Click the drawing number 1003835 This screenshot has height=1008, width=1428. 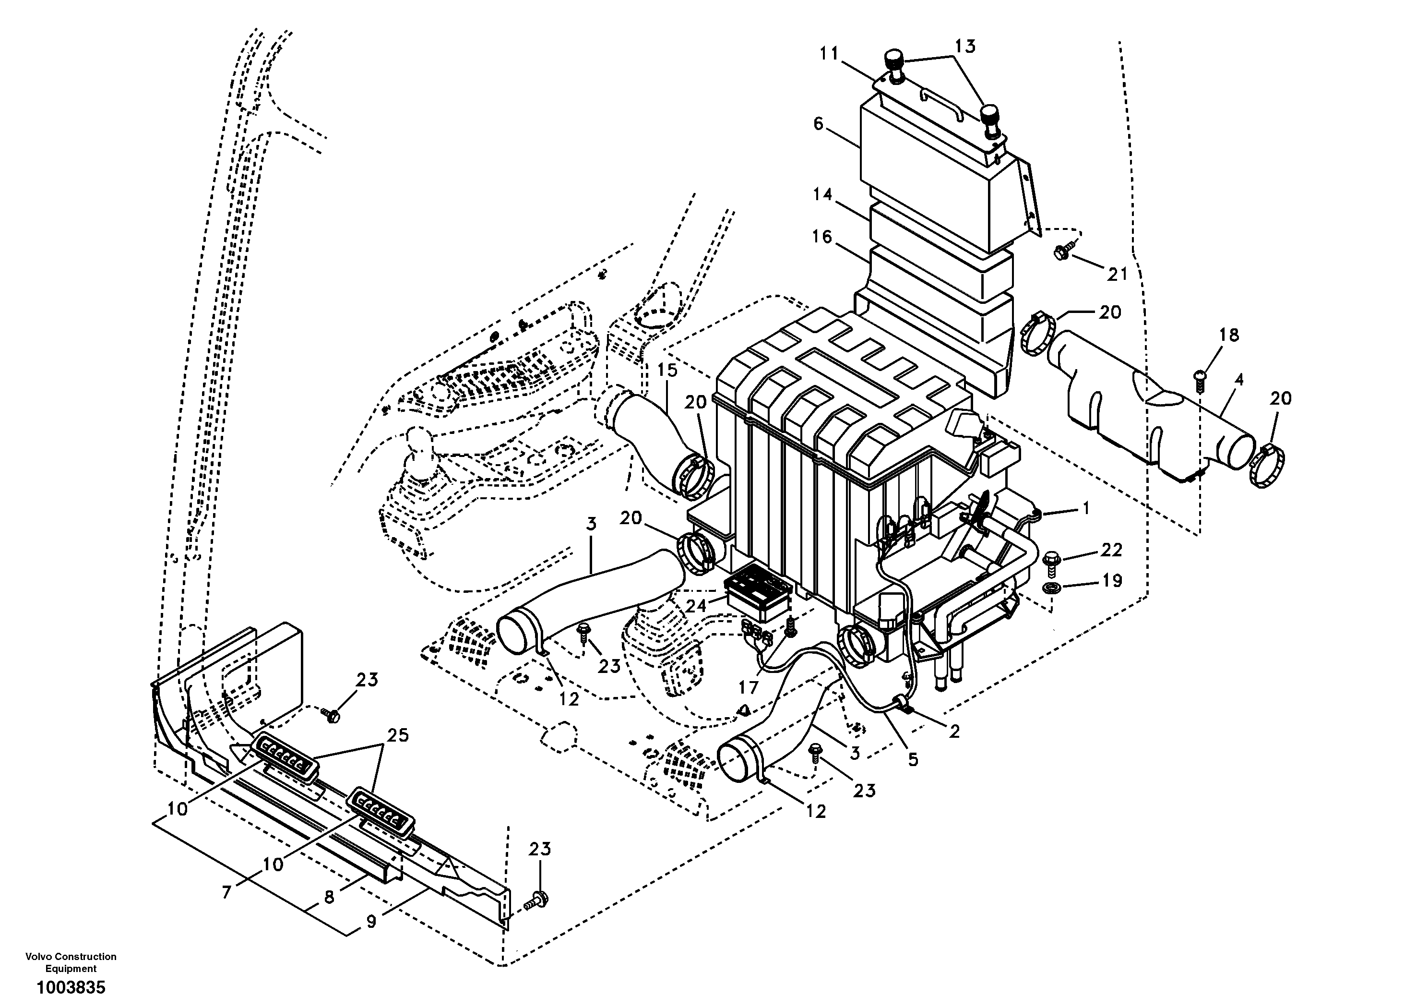[x=71, y=987]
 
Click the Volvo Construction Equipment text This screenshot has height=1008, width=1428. [x=71, y=962]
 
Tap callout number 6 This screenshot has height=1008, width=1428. [x=818, y=124]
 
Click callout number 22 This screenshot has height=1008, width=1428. [x=1111, y=550]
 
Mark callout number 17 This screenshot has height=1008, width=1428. [x=749, y=687]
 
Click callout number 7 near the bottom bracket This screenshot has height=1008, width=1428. [x=226, y=893]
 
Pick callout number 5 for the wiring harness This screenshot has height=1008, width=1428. [x=912, y=759]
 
